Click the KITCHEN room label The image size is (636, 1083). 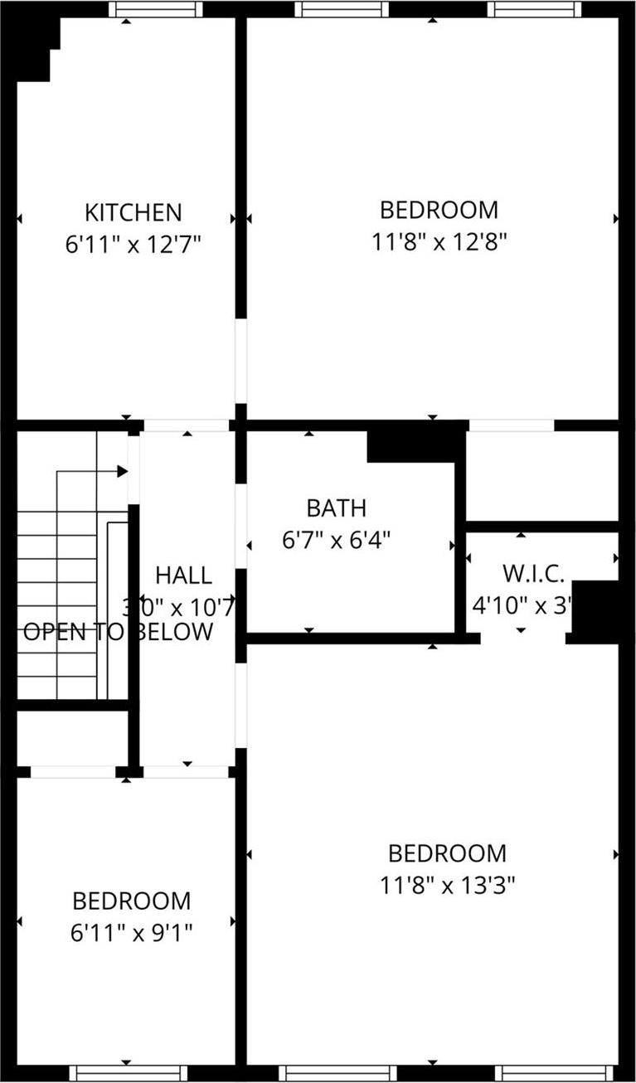(134, 212)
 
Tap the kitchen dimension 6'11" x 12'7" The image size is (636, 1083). (134, 245)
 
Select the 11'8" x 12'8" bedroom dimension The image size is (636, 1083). (439, 242)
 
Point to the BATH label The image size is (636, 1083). (336, 508)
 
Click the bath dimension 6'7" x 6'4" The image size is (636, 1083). (336, 541)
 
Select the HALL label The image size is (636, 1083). (183, 575)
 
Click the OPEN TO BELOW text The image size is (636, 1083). (118, 632)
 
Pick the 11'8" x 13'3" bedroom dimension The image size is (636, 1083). (448, 886)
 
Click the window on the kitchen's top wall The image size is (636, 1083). (155, 9)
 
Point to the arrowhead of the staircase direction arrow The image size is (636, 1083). (123, 471)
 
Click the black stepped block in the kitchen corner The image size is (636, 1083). (35, 46)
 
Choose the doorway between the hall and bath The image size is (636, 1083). (240, 526)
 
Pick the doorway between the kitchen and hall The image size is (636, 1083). (187, 425)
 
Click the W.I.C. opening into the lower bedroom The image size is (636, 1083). (522, 639)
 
